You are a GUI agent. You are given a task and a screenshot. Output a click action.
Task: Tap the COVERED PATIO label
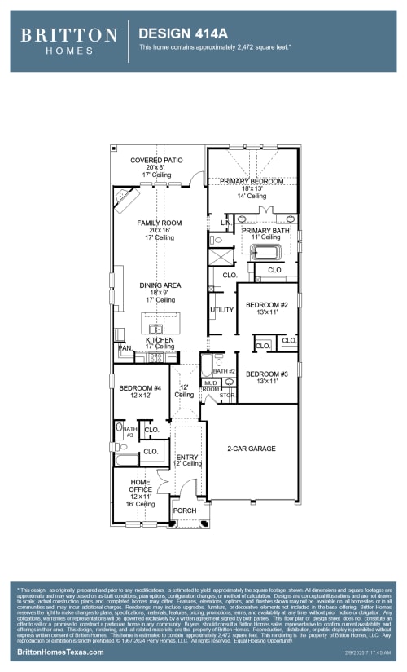point(156,161)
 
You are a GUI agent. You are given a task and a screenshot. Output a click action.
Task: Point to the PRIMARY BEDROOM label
point(252,181)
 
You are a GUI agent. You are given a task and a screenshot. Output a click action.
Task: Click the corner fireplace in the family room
point(125,197)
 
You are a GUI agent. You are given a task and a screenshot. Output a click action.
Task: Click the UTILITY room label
point(221,310)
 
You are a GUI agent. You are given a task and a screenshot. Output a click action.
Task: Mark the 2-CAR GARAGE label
point(252,449)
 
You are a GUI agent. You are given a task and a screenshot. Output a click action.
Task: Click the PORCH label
point(185,511)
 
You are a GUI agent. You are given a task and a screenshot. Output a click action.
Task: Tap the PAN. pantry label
point(125,347)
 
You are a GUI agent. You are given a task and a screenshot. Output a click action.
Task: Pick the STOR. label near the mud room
point(227,396)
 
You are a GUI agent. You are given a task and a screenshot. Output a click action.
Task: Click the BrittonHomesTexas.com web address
point(61,653)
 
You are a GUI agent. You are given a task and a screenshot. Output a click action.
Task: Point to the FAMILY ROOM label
point(160,223)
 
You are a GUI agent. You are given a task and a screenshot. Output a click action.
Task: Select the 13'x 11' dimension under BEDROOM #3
point(267,381)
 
